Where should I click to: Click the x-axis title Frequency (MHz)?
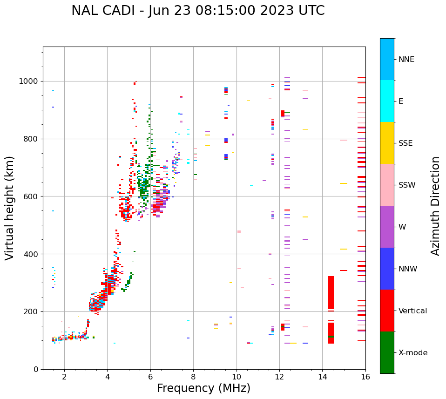click(203, 388)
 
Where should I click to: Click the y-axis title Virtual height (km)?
click(10, 208)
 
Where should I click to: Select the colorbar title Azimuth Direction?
click(435, 206)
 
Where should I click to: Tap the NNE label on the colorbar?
click(406, 60)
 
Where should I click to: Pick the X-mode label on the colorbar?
click(412, 353)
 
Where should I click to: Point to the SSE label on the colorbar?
click(405, 143)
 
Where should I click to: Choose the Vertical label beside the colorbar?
click(412, 311)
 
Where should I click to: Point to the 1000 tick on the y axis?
click(31, 81)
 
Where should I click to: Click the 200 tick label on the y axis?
click(33, 312)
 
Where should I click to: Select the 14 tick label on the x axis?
click(322, 377)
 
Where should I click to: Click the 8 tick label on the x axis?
click(193, 377)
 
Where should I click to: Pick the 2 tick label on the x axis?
click(64, 377)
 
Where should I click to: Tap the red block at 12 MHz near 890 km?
click(283, 113)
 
